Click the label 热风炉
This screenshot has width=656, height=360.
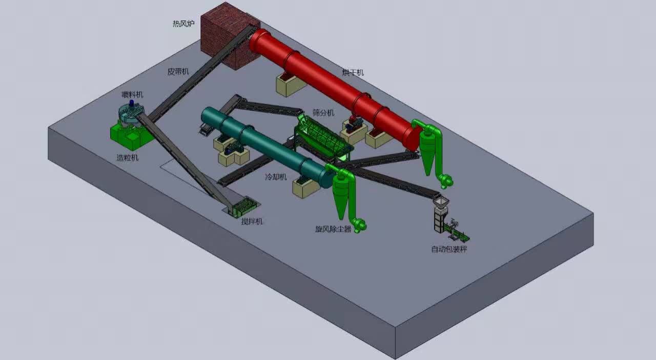tap(183, 24)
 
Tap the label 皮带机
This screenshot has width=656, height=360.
tap(178, 71)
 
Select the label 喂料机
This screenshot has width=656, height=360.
tap(132, 95)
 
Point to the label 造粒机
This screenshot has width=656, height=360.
tap(128, 158)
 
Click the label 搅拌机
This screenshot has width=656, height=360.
tap(252, 222)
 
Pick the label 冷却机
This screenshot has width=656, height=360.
tap(276, 177)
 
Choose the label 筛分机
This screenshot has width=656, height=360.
tap(323, 113)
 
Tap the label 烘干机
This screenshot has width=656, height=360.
tap(353, 72)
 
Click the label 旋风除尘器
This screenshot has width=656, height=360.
tap(333, 229)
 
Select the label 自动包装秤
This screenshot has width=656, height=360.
tap(449, 249)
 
